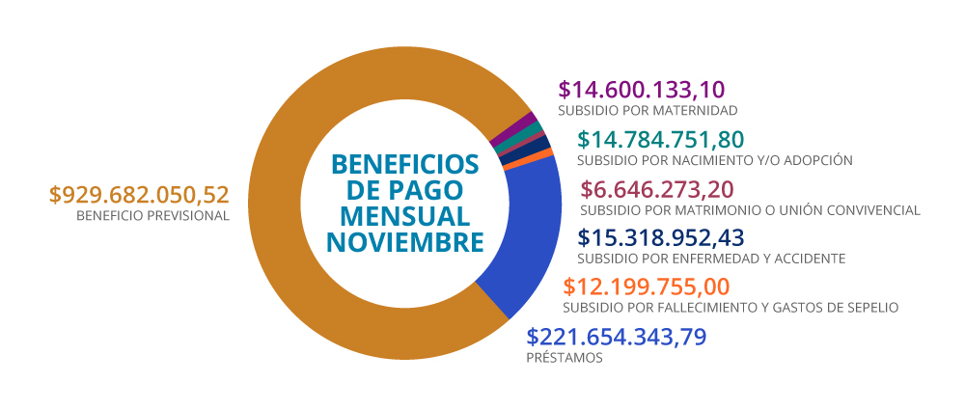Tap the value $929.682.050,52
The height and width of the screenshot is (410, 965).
[140, 194]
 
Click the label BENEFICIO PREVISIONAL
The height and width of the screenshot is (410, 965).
[152, 216]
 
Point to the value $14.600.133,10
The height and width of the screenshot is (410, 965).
[641, 90]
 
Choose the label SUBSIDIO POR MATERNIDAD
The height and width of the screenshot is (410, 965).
[648, 111]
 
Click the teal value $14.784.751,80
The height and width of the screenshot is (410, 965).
[660, 139]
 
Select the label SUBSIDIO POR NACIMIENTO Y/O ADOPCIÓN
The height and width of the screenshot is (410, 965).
[714, 159]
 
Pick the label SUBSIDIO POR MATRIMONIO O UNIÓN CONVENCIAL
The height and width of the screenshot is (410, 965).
[750, 210]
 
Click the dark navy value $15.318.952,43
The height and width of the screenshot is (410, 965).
[660, 237]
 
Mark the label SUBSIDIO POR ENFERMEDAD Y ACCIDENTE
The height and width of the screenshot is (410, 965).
[710, 259]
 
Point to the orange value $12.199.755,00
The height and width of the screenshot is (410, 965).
[646, 287]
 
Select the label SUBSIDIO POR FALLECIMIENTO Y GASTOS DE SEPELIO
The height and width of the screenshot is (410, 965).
[731, 308]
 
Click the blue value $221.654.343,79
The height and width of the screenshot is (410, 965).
[617, 337]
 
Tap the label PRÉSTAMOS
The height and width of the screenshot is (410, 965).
[564, 358]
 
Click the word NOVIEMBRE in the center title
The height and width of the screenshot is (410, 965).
[404, 241]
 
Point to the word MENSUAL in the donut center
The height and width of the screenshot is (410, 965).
[404, 214]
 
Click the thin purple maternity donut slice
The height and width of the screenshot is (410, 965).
[529, 123]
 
